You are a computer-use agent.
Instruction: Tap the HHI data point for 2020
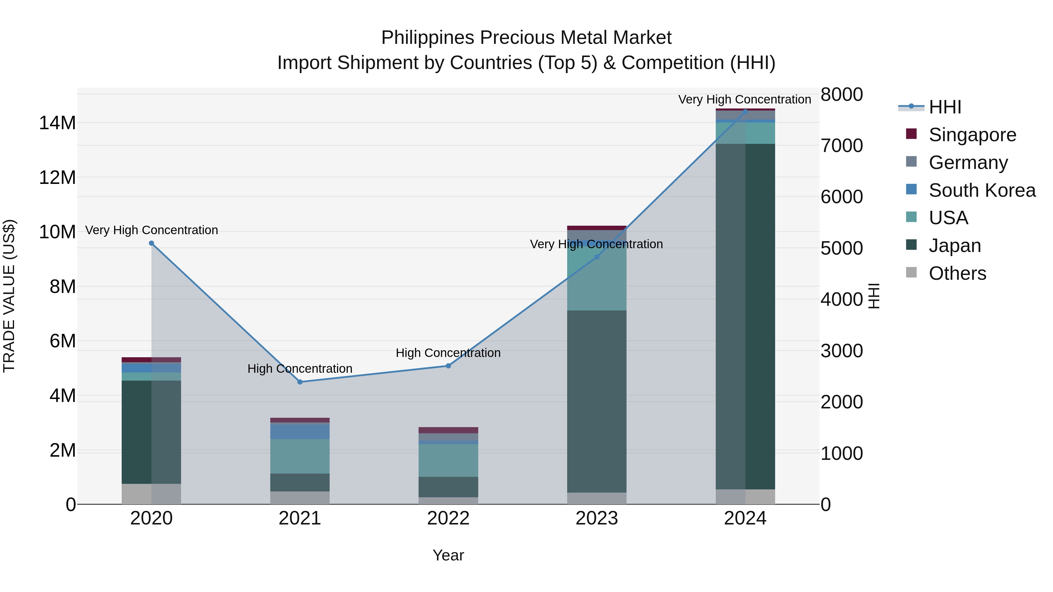(x=151, y=243)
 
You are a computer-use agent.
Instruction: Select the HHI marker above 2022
(x=448, y=366)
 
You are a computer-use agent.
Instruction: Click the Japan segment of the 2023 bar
(x=596, y=401)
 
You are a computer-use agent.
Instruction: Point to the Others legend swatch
(x=911, y=272)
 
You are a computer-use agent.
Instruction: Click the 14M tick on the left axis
(x=57, y=123)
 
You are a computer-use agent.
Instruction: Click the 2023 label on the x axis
(x=596, y=518)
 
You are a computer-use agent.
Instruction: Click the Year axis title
(x=448, y=555)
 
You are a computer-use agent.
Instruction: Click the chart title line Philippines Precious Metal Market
(x=526, y=38)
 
